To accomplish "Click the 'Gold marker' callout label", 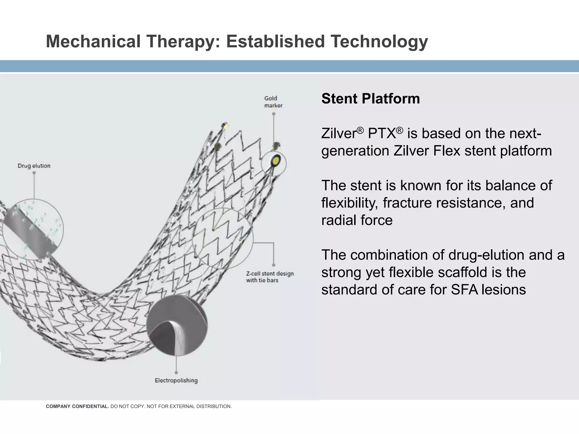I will (x=273, y=102).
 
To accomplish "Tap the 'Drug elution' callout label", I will (x=34, y=166).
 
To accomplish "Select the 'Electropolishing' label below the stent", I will (x=176, y=380).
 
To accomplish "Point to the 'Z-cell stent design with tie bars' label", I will (x=270, y=277).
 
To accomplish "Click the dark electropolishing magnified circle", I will (x=177, y=325).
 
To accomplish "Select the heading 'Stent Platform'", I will (x=370, y=99).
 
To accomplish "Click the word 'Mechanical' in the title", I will (x=93, y=41).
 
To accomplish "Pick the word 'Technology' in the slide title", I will (x=379, y=41).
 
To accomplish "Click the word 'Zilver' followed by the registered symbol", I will (x=339, y=133).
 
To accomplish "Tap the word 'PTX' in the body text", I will (x=382, y=133).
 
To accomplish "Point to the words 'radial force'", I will (x=357, y=220).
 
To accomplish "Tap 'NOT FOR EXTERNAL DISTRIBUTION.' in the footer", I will (x=189, y=407).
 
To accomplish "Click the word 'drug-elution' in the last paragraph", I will (x=486, y=255).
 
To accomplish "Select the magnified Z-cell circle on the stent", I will (x=223, y=238).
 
